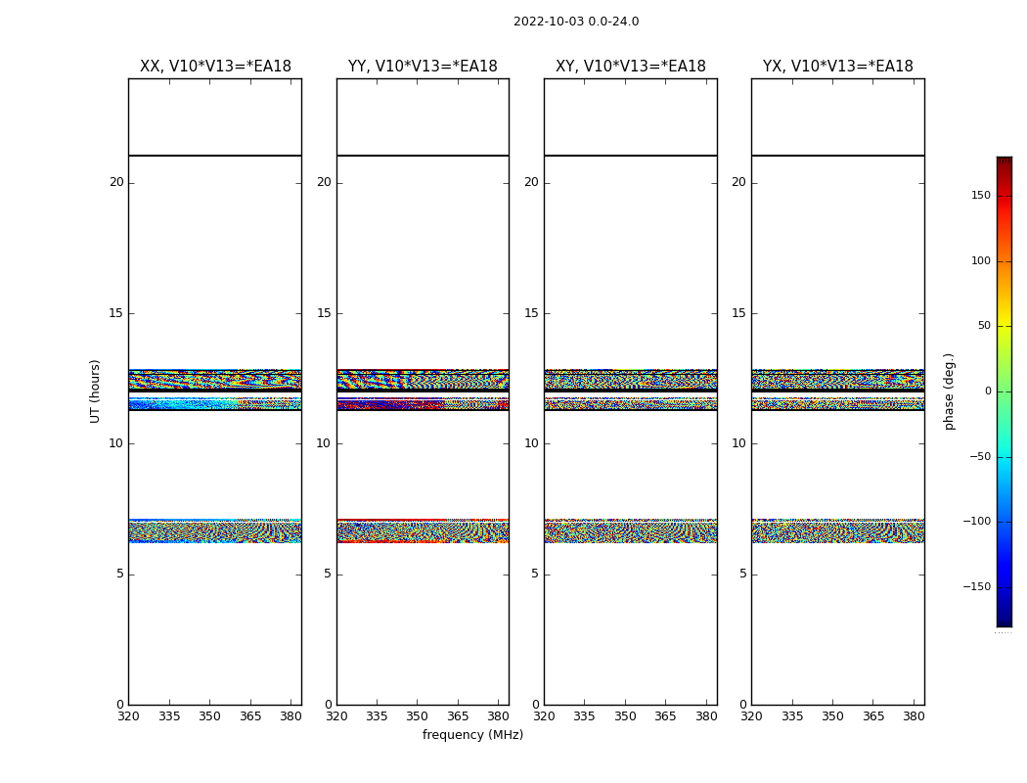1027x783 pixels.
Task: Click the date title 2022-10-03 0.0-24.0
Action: (576, 22)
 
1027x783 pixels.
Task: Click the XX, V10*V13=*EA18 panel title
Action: (215, 67)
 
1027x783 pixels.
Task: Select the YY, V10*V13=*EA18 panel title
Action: (423, 67)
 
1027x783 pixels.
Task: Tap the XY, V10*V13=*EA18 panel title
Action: (631, 67)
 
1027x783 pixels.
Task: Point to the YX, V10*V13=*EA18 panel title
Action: (838, 67)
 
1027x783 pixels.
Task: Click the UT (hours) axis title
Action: (96, 391)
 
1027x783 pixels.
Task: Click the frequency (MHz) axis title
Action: (472, 735)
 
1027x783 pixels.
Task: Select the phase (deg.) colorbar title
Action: (949, 391)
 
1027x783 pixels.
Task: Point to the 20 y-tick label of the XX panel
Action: (116, 182)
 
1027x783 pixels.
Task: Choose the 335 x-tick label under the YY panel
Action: (377, 716)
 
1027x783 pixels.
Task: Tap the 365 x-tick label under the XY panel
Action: (665, 716)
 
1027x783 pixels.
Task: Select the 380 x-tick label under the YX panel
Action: (914, 716)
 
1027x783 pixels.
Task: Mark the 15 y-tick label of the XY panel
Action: (531, 313)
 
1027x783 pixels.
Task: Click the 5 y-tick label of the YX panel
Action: (742, 574)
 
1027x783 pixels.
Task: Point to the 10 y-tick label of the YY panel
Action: (324, 443)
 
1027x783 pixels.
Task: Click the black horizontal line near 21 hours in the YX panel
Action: (838, 156)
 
